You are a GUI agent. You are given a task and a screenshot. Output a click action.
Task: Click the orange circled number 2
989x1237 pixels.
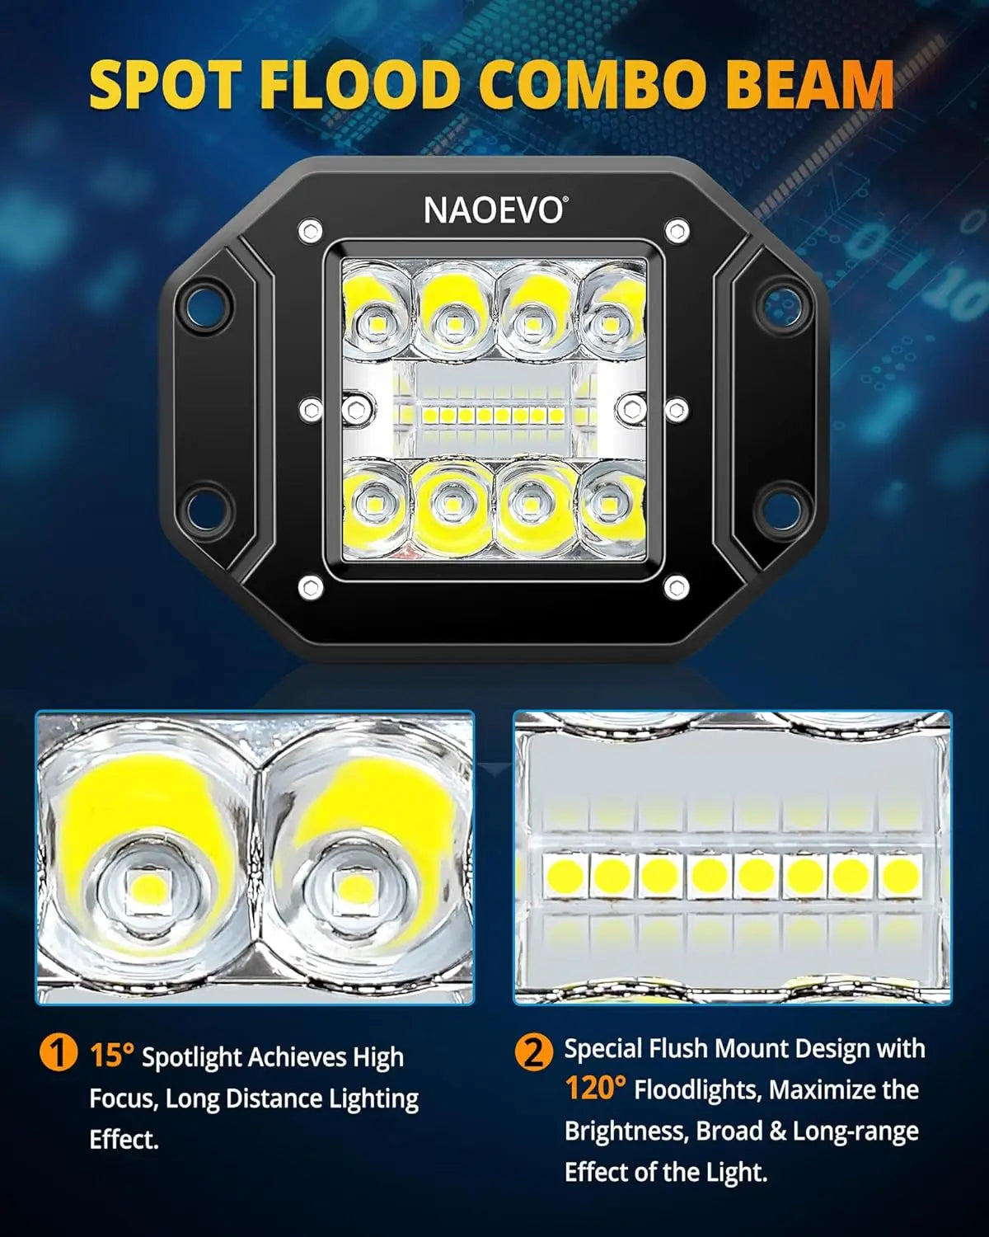pyautogui.click(x=534, y=1051)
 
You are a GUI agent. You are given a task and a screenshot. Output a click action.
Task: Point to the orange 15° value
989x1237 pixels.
pyautogui.click(x=111, y=1056)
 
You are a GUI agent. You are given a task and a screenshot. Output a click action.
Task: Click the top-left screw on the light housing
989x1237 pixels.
pyautogui.click(x=310, y=230)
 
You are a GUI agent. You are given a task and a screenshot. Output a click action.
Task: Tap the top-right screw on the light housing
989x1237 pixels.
pyautogui.click(x=677, y=230)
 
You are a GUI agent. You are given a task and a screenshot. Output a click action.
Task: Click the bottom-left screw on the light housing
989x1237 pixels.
pyautogui.click(x=310, y=587)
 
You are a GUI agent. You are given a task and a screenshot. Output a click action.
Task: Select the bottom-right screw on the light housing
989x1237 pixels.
pyautogui.click(x=676, y=587)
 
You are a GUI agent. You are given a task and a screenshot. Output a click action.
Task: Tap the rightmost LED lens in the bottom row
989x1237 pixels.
pyautogui.click(x=610, y=501)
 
